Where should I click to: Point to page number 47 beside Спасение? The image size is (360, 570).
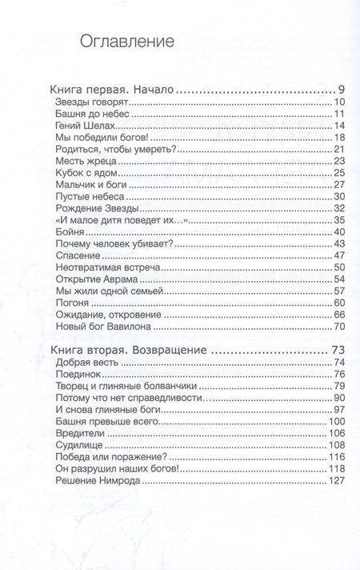337,255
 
